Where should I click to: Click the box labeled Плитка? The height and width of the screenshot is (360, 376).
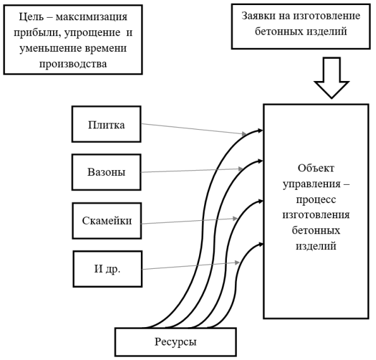pyautogui.click(x=106, y=124)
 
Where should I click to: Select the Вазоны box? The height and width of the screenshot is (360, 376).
pyautogui.click(x=106, y=172)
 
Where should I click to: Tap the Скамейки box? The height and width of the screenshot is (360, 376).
pyautogui.click(x=107, y=221)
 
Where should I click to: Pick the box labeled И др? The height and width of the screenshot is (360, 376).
pyautogui.click(x=107, y=269)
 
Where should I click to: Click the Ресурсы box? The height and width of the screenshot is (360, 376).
pyautogui.click(x=176, y=342)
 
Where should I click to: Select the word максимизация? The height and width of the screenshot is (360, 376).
pyautogui.click(x=92, y=17)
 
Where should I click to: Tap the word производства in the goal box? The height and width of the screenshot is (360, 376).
pyautogui.click(x=73, y=64)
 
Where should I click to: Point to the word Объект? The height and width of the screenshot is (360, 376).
pyautogui.click(x=316, y=168)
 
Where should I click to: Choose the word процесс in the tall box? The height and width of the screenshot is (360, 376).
pyautogui.click(x=316, y=199)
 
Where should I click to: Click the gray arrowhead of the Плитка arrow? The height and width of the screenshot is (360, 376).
pyautogui.click(x=244, y=133)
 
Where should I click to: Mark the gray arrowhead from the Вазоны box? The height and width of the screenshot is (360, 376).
pyautogui.click(x=241, y=169)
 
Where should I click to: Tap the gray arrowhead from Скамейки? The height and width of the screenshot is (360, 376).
pyautogui.click(x=234, y=218)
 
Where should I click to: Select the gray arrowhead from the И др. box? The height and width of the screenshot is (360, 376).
pyautogui.click(x=237, y=263)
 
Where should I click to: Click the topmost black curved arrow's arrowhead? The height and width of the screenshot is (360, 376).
pyautogui.click(x=260, y=130)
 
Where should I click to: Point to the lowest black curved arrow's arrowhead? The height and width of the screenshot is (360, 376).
pyautogui.click(x=260, y=244)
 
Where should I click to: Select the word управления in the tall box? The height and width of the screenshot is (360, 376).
pyautogui.click(x=312, y=185)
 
